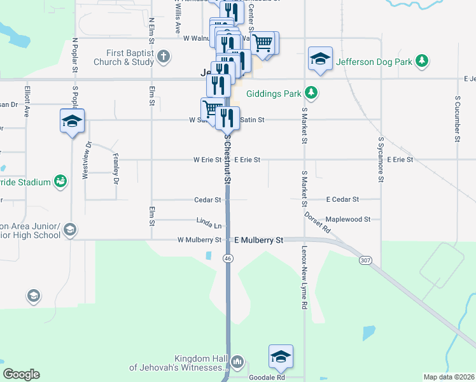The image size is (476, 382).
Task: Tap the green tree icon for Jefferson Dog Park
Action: click(x=421, y=61)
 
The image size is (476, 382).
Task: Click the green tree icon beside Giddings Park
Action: click(x=311, y=93)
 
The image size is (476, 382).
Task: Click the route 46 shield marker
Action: click(x=227, y=258)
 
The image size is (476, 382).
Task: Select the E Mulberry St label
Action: click(x=258, y=240)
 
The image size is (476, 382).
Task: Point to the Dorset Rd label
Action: click(x=317, y=222)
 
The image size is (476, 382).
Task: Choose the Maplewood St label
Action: click(x=348, y=219)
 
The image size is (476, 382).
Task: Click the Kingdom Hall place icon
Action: click(x=238, y=362)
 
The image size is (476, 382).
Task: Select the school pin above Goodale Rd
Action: click(x=281, y=357)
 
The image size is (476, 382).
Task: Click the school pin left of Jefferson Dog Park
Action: click(x=319, y=59)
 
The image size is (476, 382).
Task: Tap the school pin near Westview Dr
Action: click(x=72, y=120)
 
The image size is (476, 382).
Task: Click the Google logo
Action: click(x=21, y=374)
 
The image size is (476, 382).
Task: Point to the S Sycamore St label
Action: click(x=381, y=159)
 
